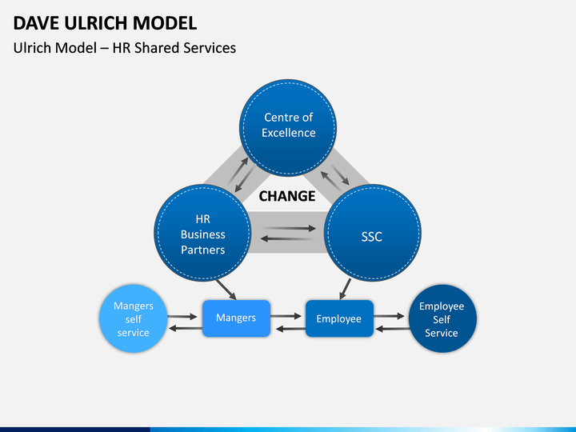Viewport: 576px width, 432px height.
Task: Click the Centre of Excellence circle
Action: (288, 127)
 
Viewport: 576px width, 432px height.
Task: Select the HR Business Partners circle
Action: (202, 233)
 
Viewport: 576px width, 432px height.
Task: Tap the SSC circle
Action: (373, 233)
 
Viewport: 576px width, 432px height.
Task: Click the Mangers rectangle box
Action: (236, 318)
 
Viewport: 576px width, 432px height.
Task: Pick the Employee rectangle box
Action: (339, 318)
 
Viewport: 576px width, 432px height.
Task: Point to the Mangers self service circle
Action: (133, 318)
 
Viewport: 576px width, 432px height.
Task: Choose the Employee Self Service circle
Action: (442, 318)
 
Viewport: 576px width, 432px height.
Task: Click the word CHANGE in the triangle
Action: (287, 196)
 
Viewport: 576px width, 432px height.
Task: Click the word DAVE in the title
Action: (36, 23)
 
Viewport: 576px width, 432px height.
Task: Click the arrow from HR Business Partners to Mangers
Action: (226, 290)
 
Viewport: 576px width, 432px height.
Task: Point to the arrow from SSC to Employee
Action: (345, 289)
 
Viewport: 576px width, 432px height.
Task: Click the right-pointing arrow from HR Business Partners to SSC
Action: (289, 229)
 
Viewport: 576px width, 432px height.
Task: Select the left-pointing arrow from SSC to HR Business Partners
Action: (287, 239)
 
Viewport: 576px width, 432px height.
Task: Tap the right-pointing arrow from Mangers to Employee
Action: (286, 316)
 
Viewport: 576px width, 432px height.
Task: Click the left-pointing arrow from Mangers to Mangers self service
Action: (185, 328)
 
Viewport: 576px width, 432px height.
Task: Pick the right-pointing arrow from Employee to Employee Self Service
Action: (389, 316)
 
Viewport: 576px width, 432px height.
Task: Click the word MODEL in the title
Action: (165, 23)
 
